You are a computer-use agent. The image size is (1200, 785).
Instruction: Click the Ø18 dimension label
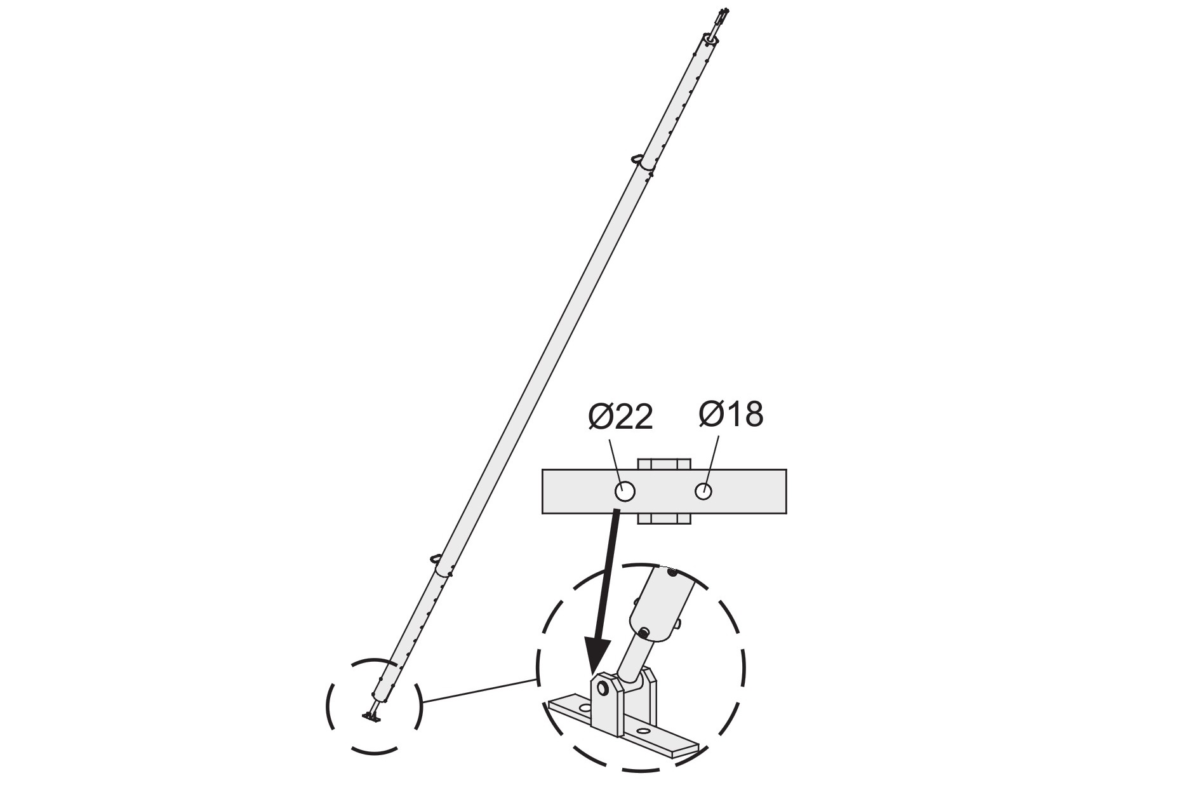(x=731, y=414)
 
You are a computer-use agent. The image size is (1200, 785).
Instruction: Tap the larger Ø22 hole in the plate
(x=625, y=491)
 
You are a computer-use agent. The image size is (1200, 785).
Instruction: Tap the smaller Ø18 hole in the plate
(x=703, y=491)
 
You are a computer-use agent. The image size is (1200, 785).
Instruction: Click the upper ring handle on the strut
(x=638, y=158)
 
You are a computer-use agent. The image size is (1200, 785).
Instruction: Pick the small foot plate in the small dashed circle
(x=370, y=717)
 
